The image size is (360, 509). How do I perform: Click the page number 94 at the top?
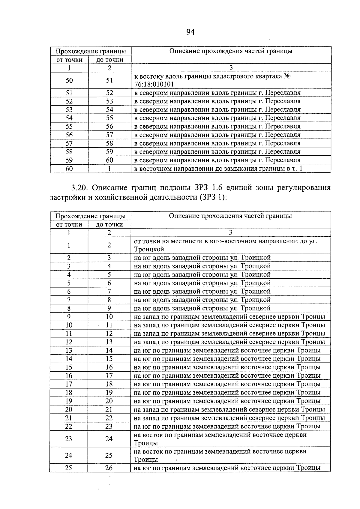[190, 32]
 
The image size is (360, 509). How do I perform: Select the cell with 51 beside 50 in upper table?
[109, 80]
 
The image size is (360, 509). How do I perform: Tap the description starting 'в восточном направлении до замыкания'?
[218, 169]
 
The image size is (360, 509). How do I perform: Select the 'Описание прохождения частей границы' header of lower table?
[230, 216]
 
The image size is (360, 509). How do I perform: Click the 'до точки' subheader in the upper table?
[109, 60]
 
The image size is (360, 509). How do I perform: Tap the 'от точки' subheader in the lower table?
[69, 225]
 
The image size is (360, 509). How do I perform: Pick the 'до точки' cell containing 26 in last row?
[109, 468]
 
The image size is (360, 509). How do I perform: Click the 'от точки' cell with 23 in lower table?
[69, 439]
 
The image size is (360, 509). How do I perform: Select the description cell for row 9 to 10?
[229, 317]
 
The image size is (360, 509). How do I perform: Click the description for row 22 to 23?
[227, 426]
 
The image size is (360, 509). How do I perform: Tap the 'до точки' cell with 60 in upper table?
[109, 160]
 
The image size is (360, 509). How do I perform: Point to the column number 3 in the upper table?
[231, 68]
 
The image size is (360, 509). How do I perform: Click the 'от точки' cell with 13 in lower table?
[69, 350]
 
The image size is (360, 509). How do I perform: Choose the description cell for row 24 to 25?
[220, 455]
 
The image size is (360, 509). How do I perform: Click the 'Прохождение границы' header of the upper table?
[91, 51]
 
